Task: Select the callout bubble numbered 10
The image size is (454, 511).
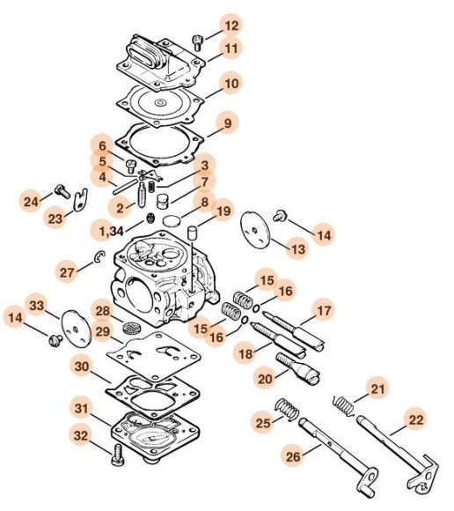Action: [230, 85]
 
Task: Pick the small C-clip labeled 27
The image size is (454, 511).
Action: [101, 258]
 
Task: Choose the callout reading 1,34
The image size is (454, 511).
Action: [110, 230]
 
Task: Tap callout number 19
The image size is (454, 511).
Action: [223, 211]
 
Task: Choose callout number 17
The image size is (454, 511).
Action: [324, 310]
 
